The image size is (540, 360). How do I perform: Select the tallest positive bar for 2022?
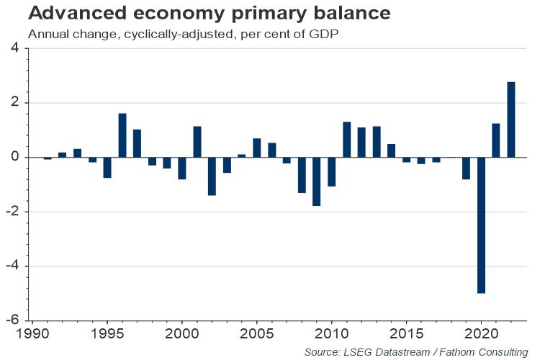[511, 120]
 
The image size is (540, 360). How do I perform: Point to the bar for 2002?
[212, 176]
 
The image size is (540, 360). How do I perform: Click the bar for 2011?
[346, 140]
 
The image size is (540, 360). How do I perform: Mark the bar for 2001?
[197, 142]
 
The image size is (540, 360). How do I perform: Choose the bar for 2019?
[466, 168]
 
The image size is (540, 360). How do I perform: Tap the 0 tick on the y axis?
[16, 157]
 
